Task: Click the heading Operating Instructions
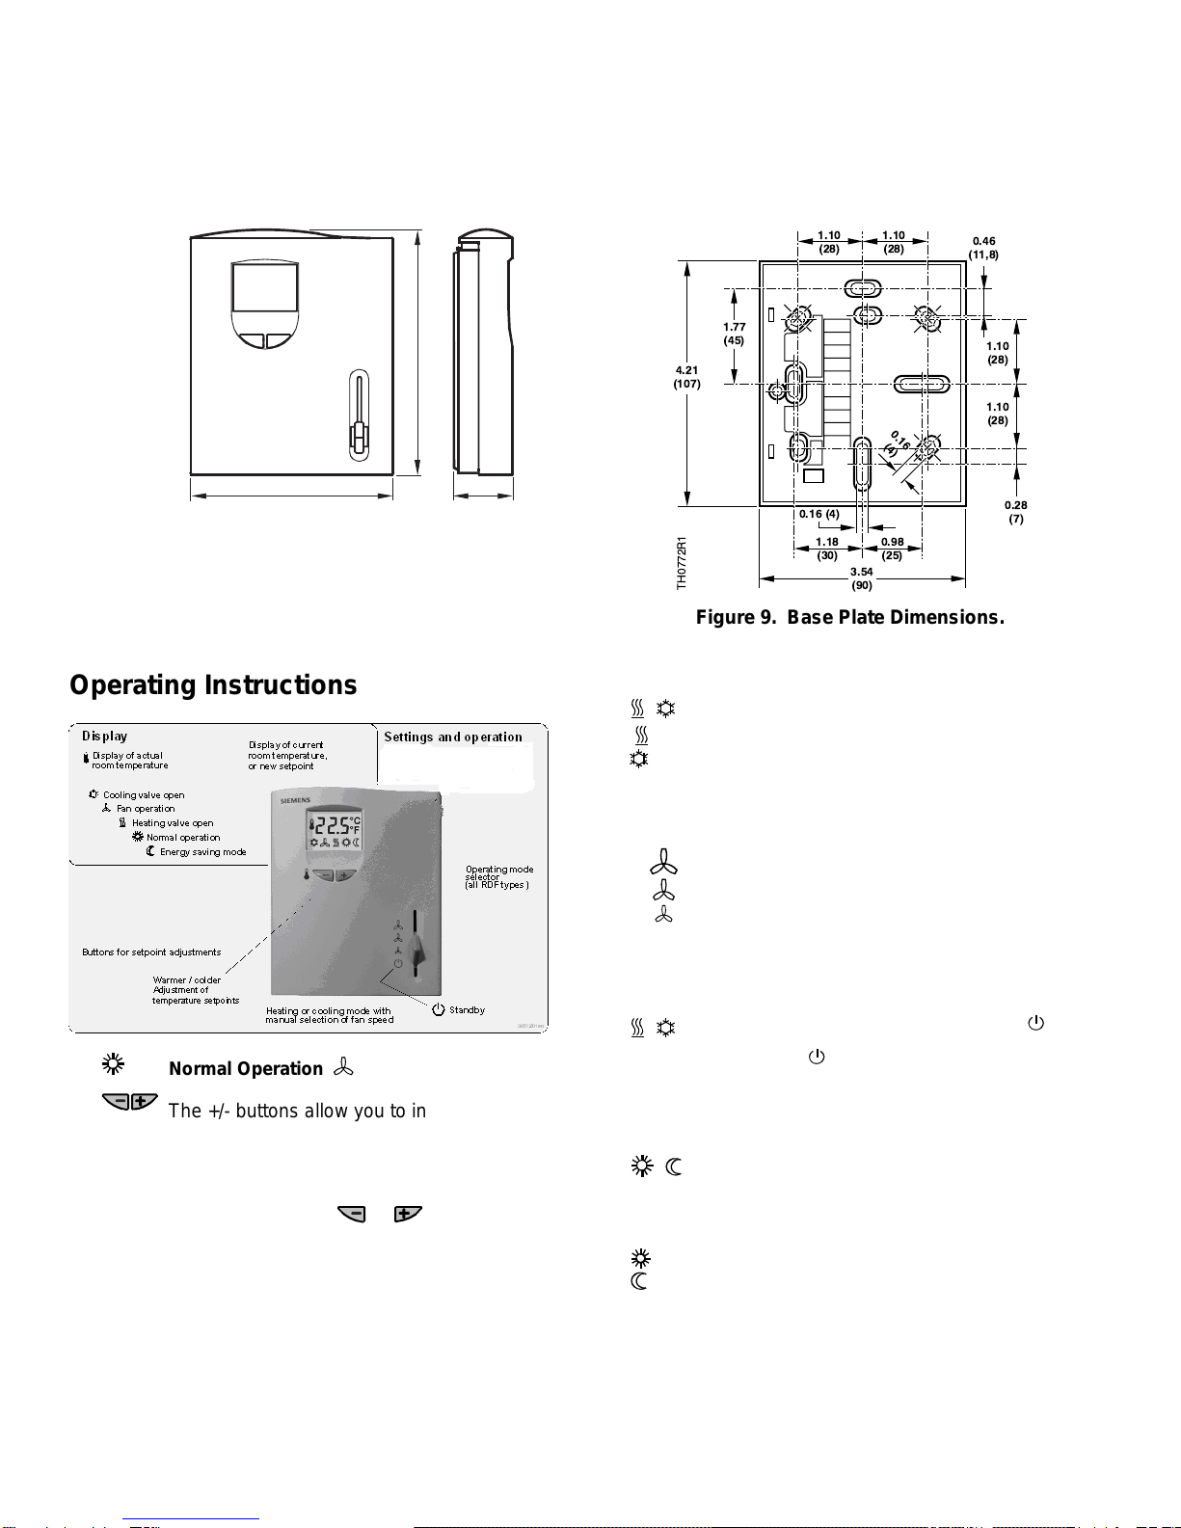tap(213, 684)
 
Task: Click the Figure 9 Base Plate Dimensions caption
tap(849, 617)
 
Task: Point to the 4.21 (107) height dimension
tap(686, 377)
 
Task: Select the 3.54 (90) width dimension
tap(861, 578)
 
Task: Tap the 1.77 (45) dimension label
tap(734, 334)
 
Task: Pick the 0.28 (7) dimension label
tap(1015, 512)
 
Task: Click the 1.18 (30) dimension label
tap(826, 549)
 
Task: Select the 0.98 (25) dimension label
tap(892, 549)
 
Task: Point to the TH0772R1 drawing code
tap(682, 563)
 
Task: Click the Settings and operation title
tap(453, 737)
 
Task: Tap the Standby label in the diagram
tap(467, 1010)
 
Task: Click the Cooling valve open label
tap(144, 795)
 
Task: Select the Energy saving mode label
tap(202, 852)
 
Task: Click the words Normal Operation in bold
tap(246, 1068)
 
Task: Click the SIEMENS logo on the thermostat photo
tap(296, 801)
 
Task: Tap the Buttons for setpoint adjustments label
tap(151, 952)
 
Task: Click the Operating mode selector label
tap(498, 876)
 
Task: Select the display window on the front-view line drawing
tap(264, 286)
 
